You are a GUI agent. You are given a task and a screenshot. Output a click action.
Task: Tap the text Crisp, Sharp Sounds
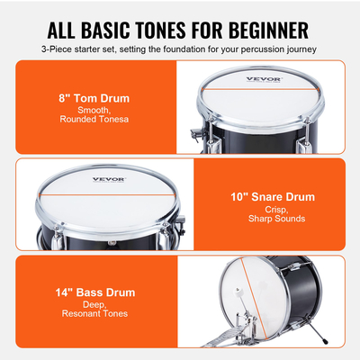click(x=271, y=213)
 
